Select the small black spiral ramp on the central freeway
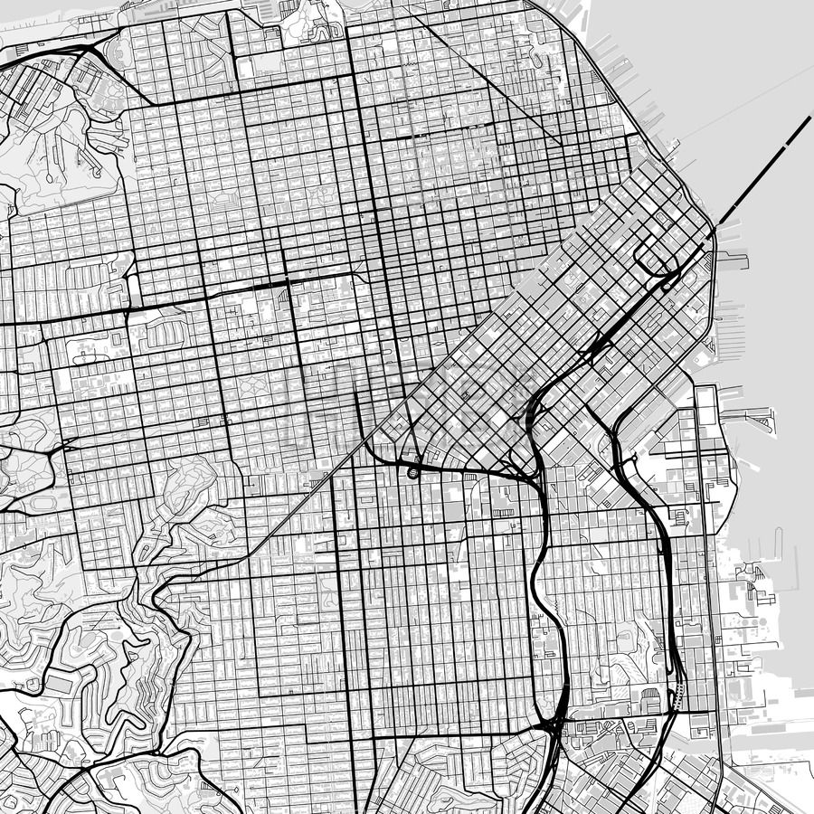(x=414, y=471)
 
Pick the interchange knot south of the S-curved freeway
(x=552, y=724)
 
